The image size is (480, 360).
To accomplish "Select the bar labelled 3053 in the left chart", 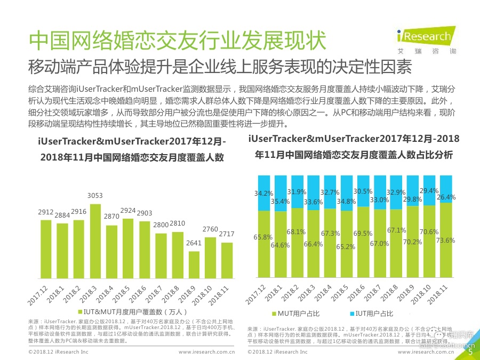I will pos(95,240).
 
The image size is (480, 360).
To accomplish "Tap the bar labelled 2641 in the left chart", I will pos(194,265).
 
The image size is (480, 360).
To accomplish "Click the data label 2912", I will pos(46,213).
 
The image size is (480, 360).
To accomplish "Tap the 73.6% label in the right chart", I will pos(445,241).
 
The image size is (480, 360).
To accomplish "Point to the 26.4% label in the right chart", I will pos(445,197).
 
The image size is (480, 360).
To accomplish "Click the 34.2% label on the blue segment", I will pos(263,193).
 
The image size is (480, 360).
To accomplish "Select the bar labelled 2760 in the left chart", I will pos(211,258).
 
